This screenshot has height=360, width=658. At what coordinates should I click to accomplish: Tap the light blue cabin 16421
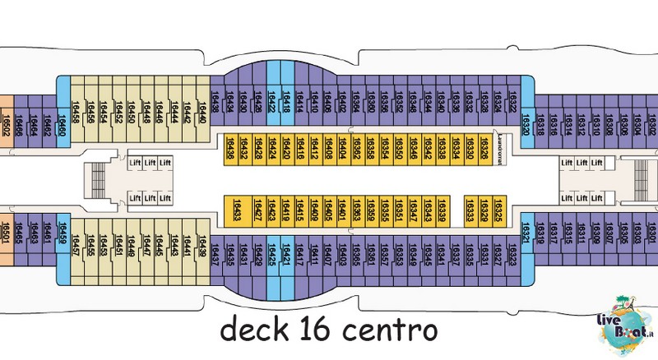click(287, 250)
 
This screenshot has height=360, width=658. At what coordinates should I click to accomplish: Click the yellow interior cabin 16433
click(236, 211)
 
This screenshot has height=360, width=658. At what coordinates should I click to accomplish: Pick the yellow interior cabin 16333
click(470, 211)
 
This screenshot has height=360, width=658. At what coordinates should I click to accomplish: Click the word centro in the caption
click(382, 333)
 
